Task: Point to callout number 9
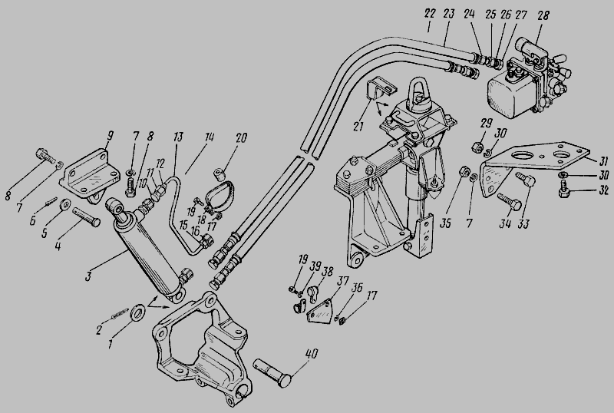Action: [110, 137]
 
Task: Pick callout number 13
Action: [178, 137]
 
